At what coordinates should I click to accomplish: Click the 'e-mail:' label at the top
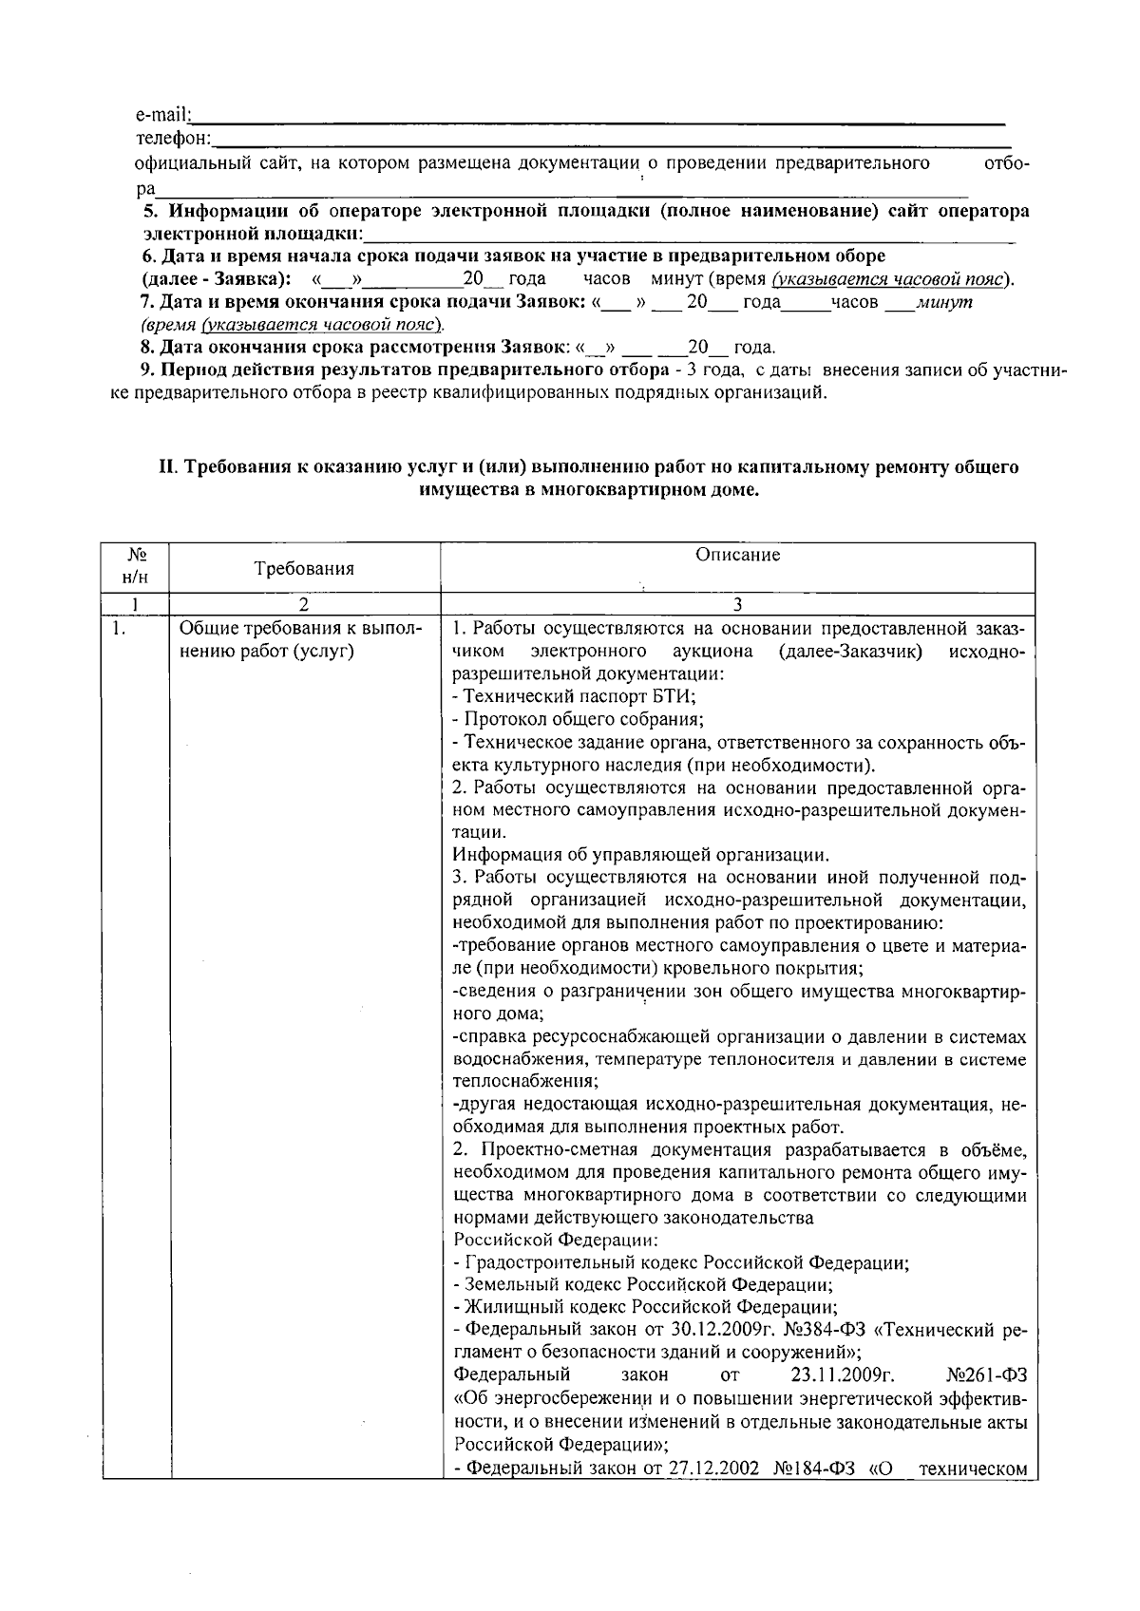[x=162, y=116]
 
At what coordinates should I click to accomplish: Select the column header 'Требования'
[x=304, y=569]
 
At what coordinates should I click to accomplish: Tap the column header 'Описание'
[x=737, y=555]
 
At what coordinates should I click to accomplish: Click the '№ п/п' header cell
[x=136, y=567]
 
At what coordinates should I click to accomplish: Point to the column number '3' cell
[x=737, y=604]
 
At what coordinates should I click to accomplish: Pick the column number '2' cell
[x=304, y=604]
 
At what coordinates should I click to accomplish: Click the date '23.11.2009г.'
[x=843, y=1374]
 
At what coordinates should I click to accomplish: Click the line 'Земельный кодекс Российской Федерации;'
[x=643, y=1284]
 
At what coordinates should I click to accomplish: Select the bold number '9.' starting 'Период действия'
[x=147, y=370]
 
